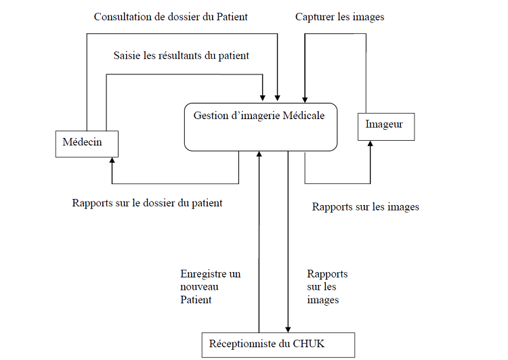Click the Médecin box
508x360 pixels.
87,143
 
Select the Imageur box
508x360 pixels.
385,125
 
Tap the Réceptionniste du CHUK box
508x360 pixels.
278,344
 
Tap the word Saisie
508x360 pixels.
128,55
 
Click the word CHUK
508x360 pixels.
310,344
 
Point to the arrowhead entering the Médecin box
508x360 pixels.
112,161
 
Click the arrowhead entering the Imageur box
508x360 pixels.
371,145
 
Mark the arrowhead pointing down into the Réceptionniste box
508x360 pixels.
289,328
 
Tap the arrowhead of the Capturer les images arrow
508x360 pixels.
305,99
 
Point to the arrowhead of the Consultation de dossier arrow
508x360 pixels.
278,99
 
